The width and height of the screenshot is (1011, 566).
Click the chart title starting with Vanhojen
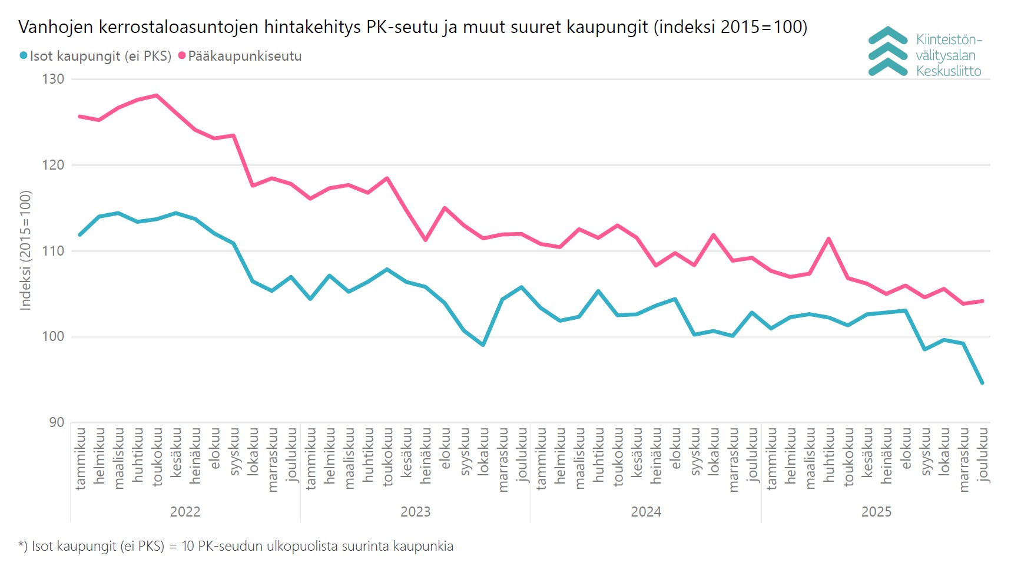(412, 27)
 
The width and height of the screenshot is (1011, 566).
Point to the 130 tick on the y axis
(53, 79)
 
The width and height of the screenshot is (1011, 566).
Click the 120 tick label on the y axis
(53, 165)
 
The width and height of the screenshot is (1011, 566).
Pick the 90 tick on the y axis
(57, 422)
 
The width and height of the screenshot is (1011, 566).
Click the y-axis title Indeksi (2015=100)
(25, 250)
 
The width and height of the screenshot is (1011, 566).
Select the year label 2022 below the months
(185, 512)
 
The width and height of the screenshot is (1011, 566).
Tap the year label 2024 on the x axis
(646, 512)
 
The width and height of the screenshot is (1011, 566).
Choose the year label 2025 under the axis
(876, 512)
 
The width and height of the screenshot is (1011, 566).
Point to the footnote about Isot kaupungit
(236, 546)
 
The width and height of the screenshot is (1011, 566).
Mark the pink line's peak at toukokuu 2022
(157, 95)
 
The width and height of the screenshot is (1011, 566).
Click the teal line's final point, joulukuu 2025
(982, 383)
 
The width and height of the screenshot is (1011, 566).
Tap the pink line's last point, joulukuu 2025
(982, 301)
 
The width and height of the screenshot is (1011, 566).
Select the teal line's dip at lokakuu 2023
(483, 345)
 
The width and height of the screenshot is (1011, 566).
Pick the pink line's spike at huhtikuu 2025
(828, 239)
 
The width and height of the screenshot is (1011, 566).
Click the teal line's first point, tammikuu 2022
(80, 234)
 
